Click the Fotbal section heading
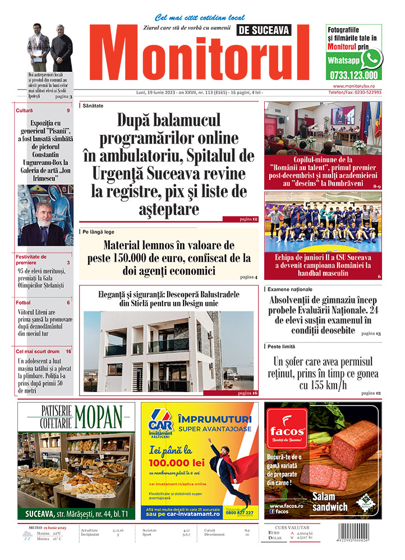tap(24, 302)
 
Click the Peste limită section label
tap(284, 347)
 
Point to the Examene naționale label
tap(291, 289)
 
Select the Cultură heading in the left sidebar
tap(25, 110)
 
